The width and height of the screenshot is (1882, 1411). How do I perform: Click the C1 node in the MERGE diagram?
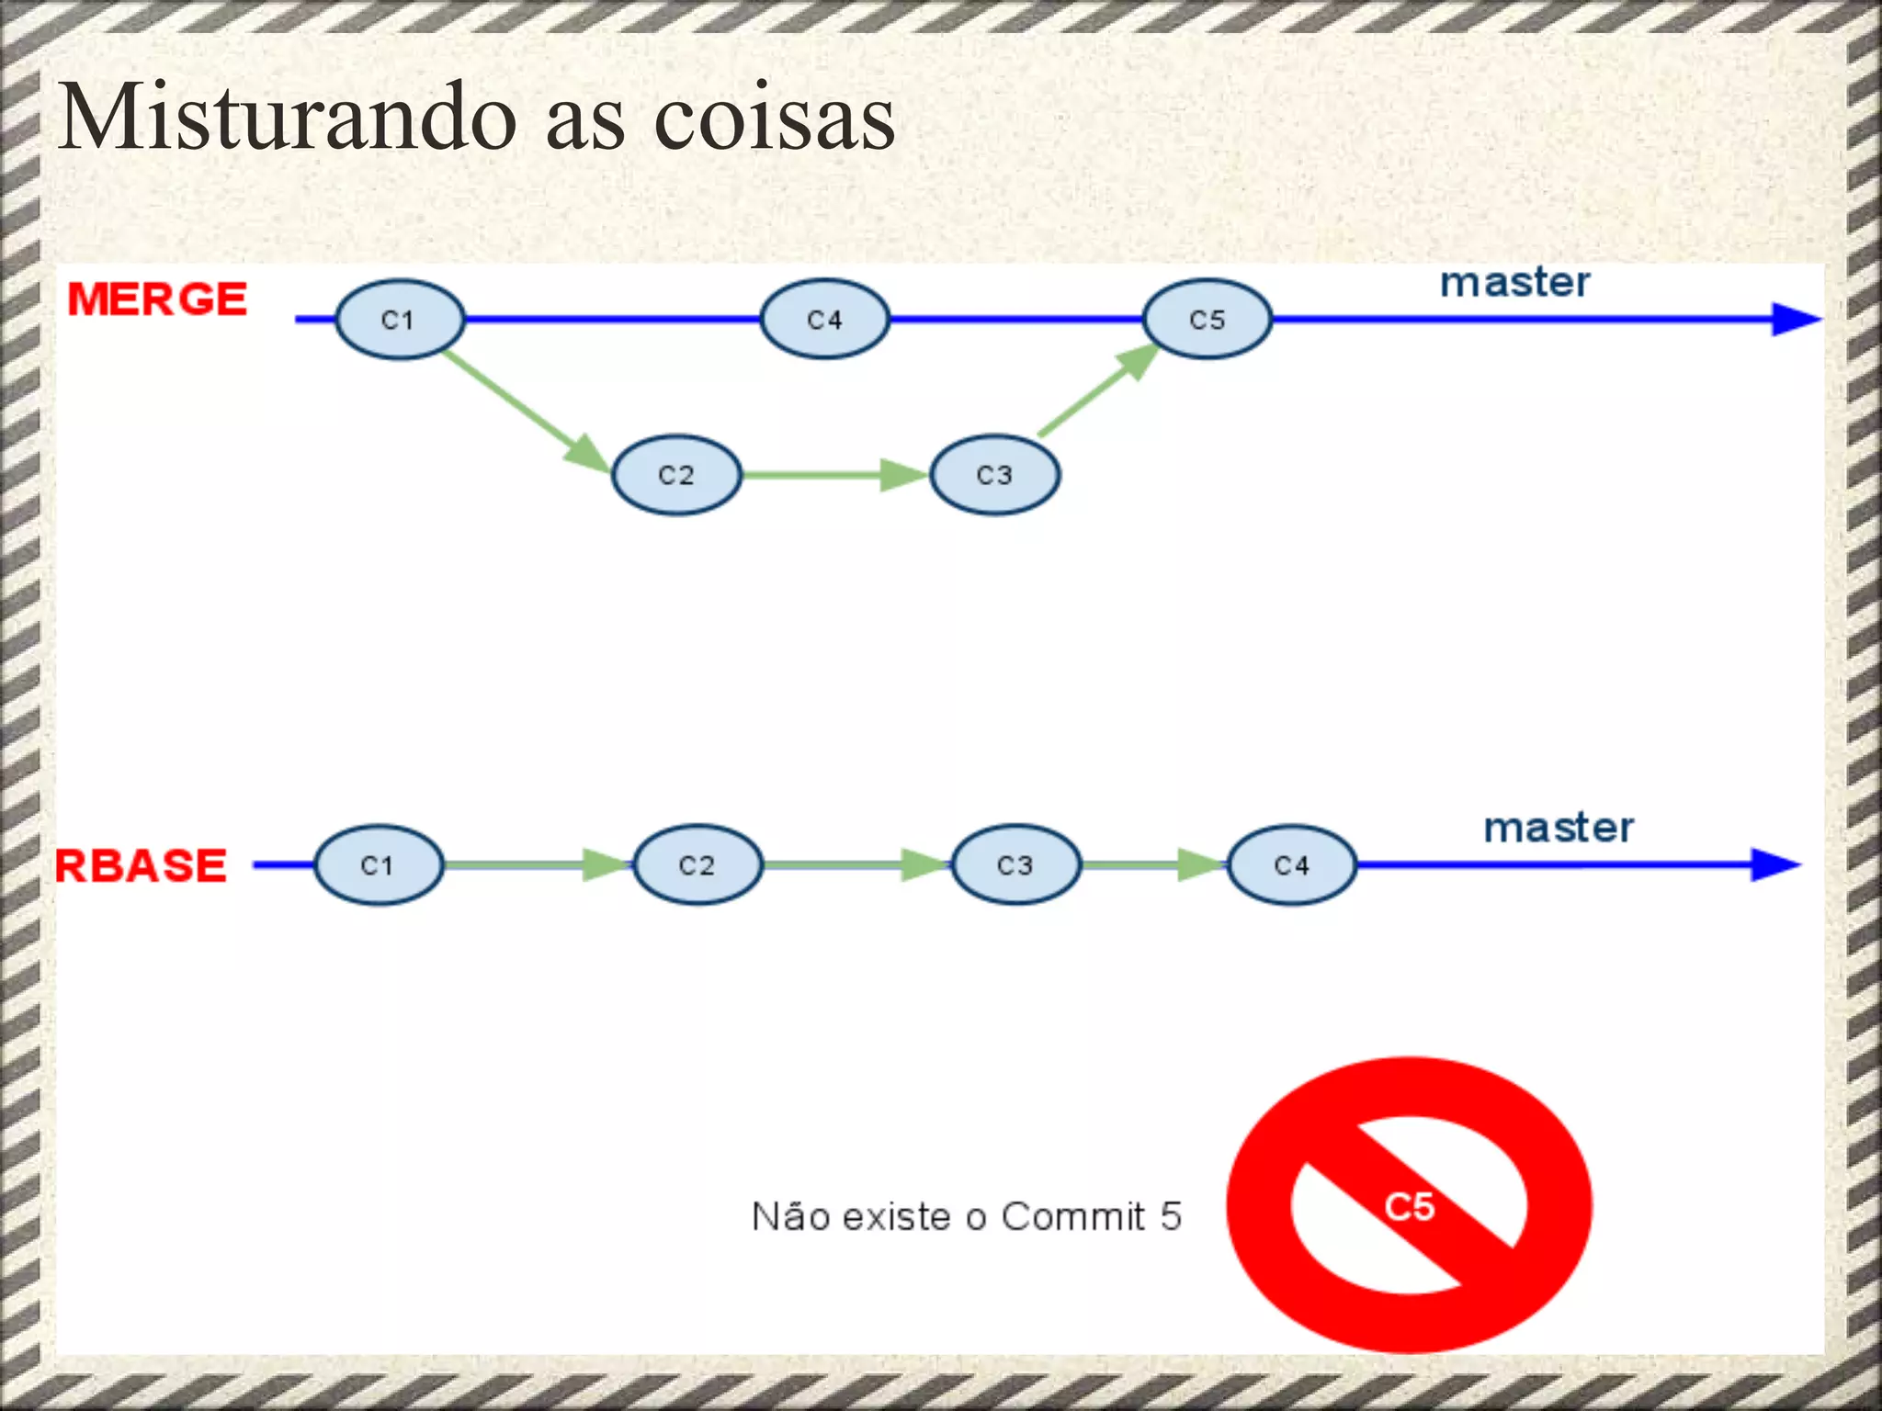399,320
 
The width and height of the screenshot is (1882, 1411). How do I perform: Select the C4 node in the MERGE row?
824,320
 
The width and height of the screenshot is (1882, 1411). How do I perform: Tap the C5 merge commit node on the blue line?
1207,320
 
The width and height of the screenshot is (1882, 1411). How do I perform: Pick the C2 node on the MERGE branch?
676,475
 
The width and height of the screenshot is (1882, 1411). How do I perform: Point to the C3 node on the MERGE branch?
994,475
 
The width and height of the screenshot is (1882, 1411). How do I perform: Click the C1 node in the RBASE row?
378,865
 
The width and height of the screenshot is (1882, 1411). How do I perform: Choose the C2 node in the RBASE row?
697,865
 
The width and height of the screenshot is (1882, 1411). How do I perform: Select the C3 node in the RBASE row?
1015,865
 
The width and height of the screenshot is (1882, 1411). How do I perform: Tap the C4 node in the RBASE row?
1291,865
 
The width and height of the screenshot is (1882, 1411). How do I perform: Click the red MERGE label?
157,299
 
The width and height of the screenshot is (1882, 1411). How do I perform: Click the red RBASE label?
141,865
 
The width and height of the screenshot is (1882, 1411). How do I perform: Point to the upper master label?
1514,283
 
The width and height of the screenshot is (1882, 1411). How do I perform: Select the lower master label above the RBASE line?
1559,828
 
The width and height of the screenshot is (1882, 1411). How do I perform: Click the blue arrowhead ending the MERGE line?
1794,320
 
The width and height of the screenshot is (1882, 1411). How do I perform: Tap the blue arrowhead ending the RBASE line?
1774,864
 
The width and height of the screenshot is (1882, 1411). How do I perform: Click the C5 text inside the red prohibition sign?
1410,1207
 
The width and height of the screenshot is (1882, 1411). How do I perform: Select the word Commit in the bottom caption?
1073,1216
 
